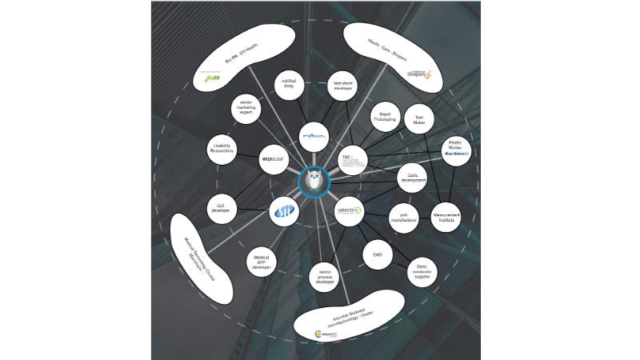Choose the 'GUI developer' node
[x=222, y=208]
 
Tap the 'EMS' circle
[x=378, y=255]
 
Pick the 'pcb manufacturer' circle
[x=404, y=217]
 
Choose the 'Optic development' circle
[x=414, y=178]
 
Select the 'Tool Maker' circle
[x=418, y=119]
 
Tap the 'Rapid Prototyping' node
[x=385, y=117]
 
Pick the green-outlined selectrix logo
[x=349, y=211]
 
